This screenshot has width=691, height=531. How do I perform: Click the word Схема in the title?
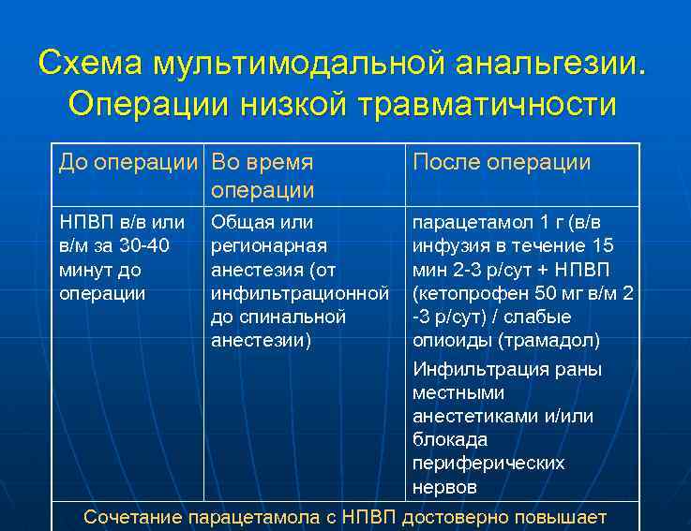88,64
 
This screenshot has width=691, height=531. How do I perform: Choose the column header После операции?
502,162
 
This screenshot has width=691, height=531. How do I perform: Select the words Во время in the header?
262,162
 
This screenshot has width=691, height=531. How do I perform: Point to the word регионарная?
269,246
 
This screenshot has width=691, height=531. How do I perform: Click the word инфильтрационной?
300,293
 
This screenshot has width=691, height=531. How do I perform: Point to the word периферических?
488,463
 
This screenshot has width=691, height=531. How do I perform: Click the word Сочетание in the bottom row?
133,517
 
